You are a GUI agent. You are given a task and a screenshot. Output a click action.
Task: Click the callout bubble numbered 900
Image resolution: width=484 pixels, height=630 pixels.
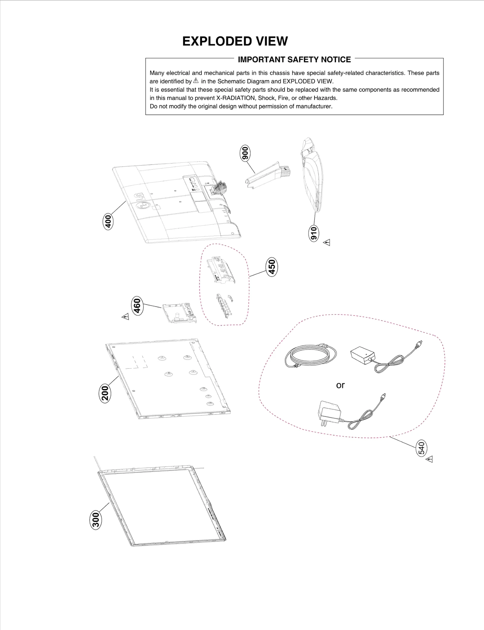click(x=245, y=153)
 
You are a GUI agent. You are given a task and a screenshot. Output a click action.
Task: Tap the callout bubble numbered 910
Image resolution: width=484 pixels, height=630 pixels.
click(x=314, y=233)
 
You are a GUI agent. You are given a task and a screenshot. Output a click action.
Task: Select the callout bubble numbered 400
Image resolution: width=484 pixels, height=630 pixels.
click(x=108, y=221)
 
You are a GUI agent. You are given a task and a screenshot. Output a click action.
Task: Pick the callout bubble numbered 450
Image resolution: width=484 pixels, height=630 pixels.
click(x=272, y=266)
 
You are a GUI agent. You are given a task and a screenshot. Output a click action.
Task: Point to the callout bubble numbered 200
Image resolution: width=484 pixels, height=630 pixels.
click(x=105, y=393)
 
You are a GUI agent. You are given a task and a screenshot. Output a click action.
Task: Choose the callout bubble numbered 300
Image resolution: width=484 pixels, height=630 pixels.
click(x=96, y=520)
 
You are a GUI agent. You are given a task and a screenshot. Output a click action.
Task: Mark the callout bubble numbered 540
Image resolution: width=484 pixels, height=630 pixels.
click(x=421, y=448)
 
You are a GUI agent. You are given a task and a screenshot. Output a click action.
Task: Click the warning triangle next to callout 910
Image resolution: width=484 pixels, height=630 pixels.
click(x=327, y=243)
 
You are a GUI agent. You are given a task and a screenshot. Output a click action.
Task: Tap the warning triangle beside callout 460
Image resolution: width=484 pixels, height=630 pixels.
click(x=125, y=317)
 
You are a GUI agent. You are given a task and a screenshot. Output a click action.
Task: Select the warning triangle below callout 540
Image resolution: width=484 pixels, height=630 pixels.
click(x=430, y=459)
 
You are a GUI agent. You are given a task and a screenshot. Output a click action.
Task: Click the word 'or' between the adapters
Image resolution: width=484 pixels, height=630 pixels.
click(x=340, y=385)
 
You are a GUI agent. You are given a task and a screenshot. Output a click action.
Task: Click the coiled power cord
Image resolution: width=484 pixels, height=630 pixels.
click(x=310, y=357)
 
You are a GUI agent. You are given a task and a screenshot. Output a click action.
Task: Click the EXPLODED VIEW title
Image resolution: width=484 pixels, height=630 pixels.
click(x=235, y=41)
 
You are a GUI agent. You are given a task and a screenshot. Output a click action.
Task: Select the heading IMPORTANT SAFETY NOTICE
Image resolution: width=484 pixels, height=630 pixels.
click(x=294, y=60)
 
